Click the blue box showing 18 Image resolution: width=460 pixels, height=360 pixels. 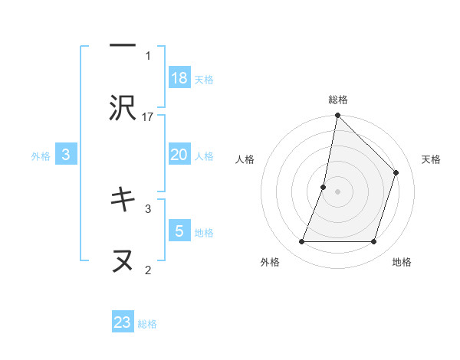coord(179,77)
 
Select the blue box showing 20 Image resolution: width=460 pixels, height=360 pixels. coord(179,155)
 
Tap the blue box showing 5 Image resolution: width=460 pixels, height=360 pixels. coord(179,231)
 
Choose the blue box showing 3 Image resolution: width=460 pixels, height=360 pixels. coord(66,155)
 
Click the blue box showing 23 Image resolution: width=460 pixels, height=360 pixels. coord(123,322)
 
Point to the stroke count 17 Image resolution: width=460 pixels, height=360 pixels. coord(149,116)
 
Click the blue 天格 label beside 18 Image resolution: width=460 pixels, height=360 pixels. coord(204,79)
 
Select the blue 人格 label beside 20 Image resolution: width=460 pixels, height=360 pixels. coord(204,156)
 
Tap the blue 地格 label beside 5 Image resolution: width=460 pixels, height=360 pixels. coord(204,232)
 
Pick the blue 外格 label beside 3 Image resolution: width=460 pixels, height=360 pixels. coord(41,156)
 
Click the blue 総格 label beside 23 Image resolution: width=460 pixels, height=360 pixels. coord(147,324)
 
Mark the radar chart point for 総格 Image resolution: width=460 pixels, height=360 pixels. coord(337,116)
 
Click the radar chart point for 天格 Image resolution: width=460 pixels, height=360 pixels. coord(396,172)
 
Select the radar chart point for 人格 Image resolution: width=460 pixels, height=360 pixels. coord(324,187)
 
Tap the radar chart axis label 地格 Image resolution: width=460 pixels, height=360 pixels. coord(402,262)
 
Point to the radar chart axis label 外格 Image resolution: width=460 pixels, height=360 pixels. coord(271,262)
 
